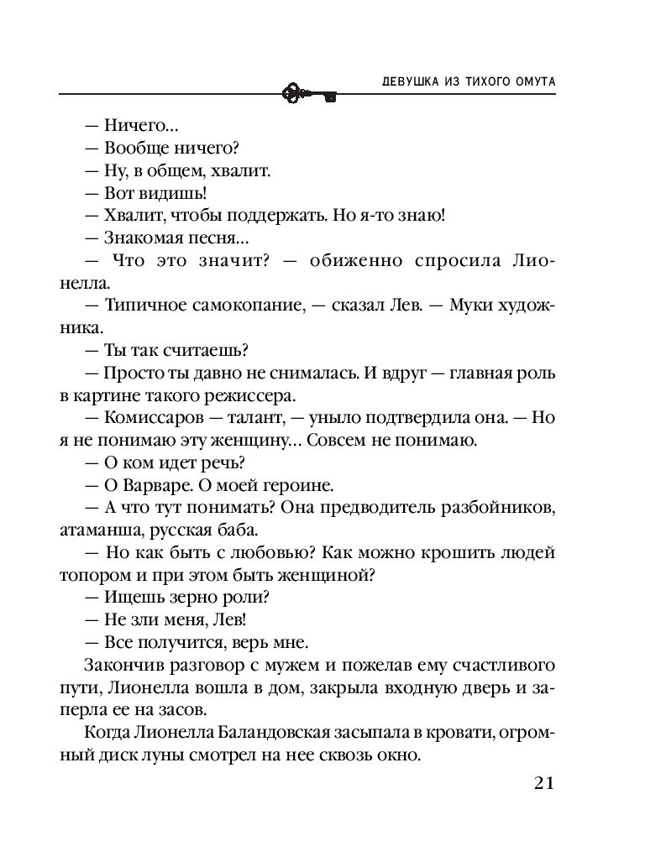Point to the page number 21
click(543, 783)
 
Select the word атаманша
click(123, 530)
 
